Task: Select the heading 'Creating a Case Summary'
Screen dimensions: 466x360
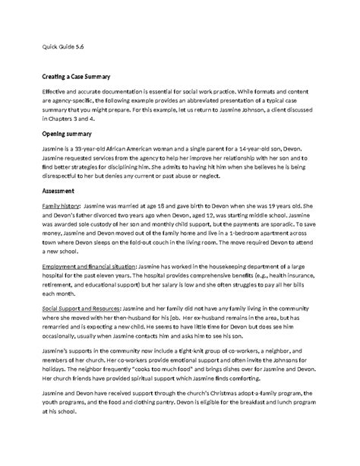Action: (77, 77)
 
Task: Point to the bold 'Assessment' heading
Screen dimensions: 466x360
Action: (58, 190)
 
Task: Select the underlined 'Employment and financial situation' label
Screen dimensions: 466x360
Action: (89, 268)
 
